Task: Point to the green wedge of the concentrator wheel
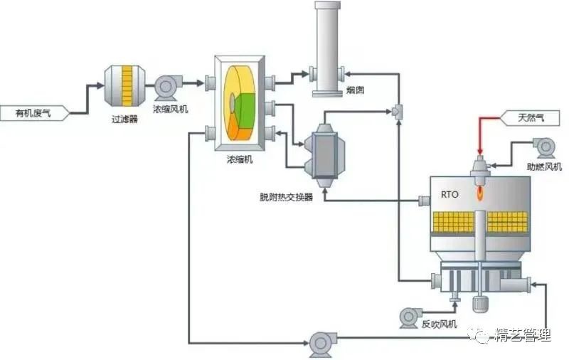(246, 107)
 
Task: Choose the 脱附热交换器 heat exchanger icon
(324, 151)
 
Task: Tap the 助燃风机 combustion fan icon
(546, 147)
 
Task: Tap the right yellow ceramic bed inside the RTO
(507, 223)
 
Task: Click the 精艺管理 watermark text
(522, 336)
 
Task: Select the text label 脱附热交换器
(286, 196)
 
